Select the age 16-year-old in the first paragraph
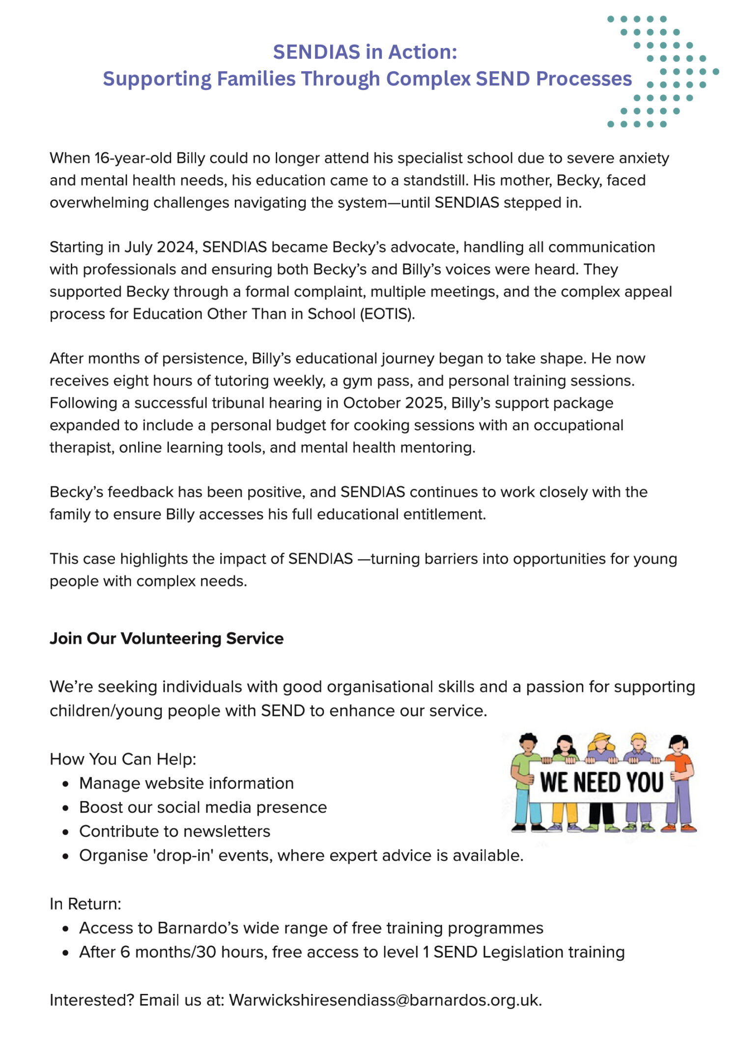[133, 158]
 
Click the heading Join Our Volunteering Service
[167, 638]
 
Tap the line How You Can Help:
[123, 759]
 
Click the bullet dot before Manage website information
[66, 784]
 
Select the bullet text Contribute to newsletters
[174, 831]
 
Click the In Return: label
[85, 904]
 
